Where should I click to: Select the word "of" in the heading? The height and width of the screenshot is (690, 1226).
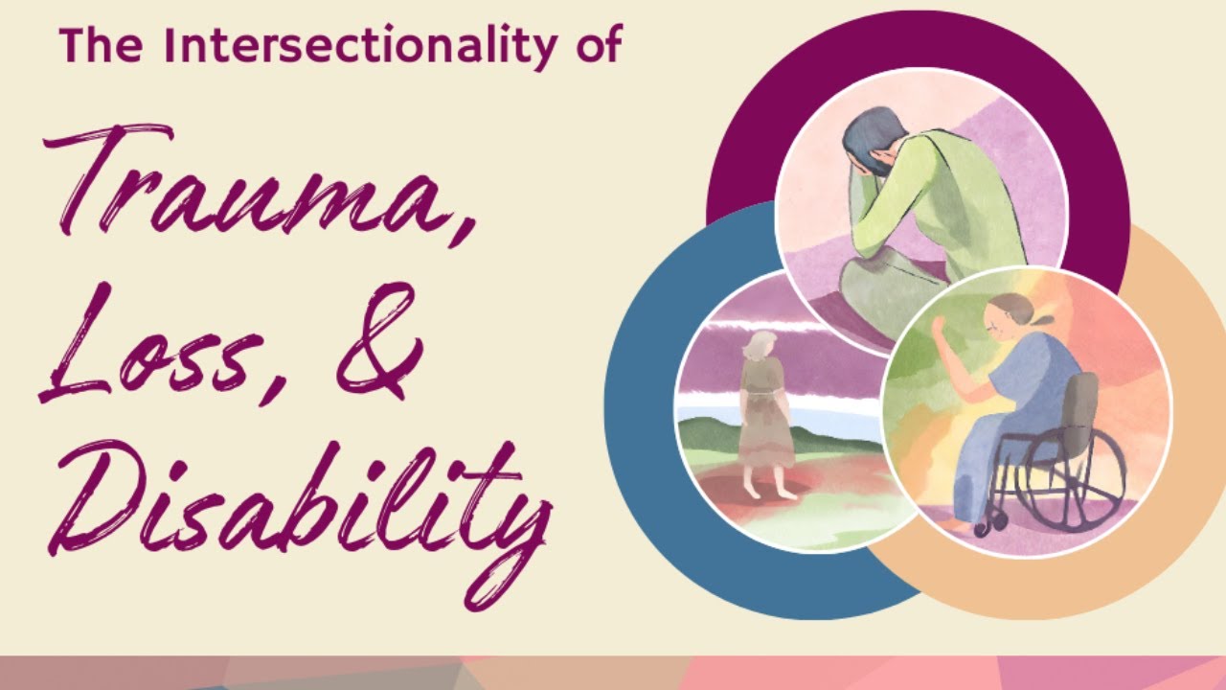pyautogui.click(x=596, y=45)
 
